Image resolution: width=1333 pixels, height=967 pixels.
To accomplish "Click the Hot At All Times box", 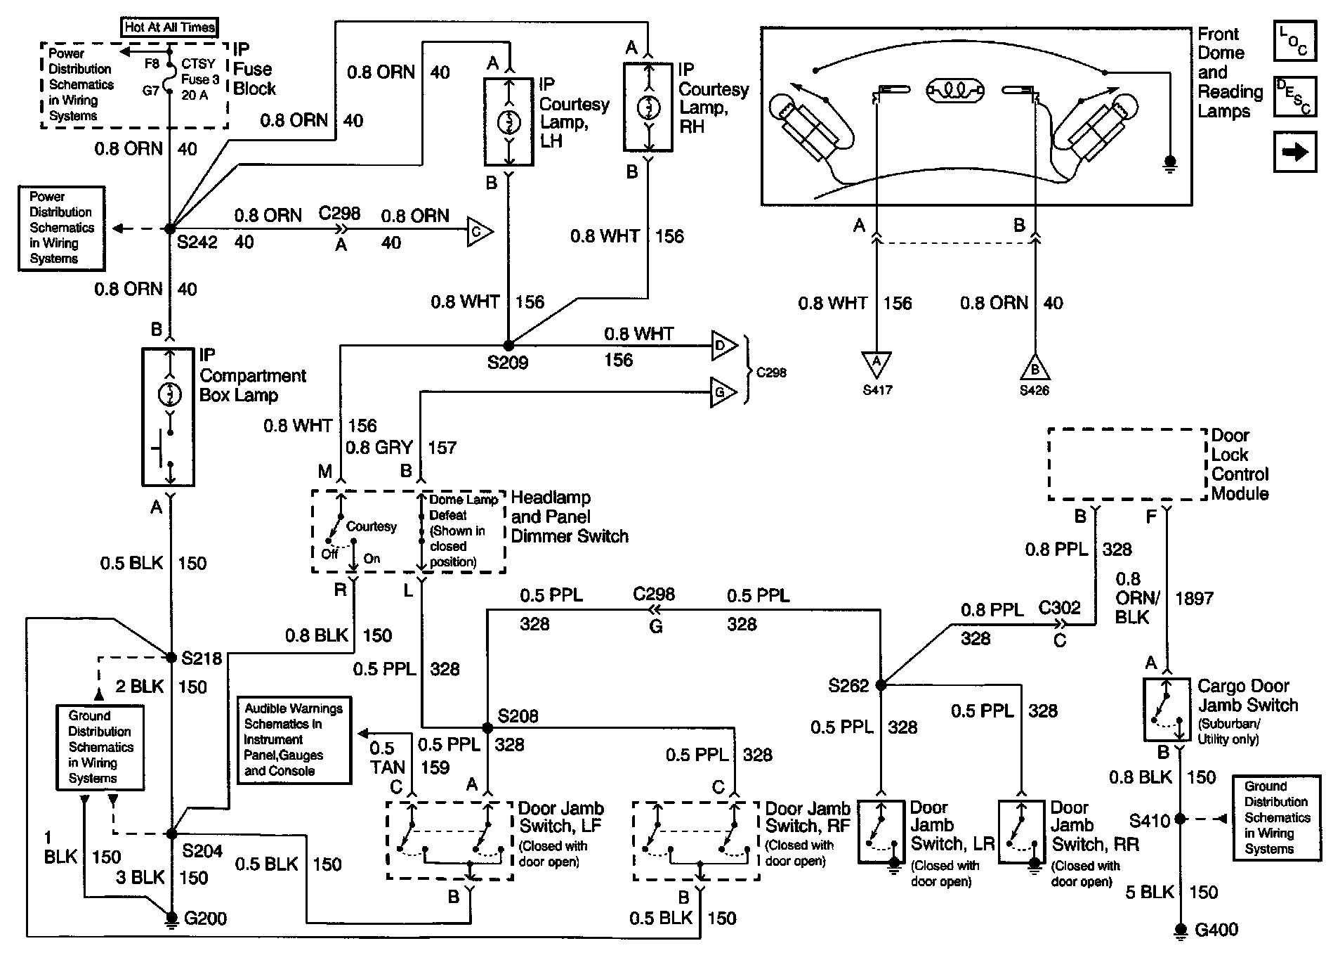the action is coord(169,27).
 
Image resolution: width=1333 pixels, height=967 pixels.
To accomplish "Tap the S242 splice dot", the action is coord(169,228).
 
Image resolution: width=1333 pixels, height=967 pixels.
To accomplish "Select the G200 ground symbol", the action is coord(170,919).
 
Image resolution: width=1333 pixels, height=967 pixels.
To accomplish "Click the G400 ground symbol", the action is coord(1181,931).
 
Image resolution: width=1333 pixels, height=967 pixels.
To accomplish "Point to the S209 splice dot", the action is coord(508,345).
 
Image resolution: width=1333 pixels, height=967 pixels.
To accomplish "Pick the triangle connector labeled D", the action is coord(724,346).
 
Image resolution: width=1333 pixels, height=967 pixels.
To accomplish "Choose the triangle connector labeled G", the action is coord(724,392).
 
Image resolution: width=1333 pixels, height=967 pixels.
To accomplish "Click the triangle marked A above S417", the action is coord(876,363).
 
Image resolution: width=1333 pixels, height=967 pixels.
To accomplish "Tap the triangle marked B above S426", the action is coord(1035,366).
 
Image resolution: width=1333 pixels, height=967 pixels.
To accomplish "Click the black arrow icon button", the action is coord(1294,152).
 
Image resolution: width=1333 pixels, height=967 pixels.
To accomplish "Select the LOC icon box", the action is coord(1294,41).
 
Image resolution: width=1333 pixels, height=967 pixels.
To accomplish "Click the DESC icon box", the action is coord(1294,96).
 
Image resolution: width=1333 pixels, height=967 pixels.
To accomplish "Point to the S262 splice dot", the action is coord(881,684).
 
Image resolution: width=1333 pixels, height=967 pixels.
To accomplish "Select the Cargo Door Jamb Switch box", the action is coord(1167,710).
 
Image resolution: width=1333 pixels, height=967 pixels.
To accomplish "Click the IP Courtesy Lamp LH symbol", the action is coord(508,122).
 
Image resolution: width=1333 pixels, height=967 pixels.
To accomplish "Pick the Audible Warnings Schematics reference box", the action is coord(294,739).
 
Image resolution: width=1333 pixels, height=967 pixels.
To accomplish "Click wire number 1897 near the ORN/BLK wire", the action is coord(1194,598).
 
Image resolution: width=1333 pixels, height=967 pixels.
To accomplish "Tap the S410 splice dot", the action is coord(1181,819).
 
